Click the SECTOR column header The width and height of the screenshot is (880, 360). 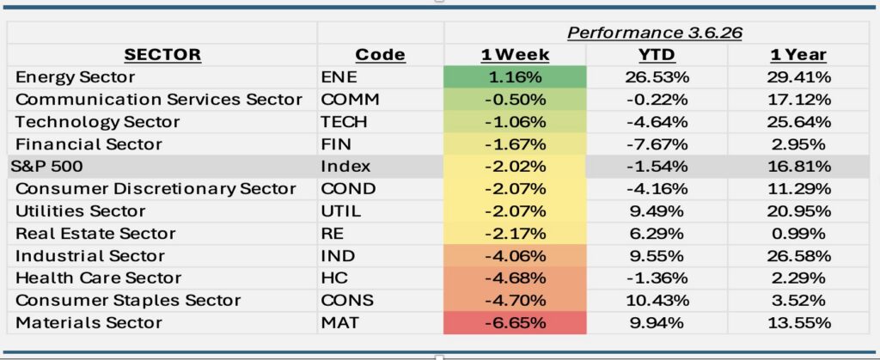pyautogui.click(x=162, y=55)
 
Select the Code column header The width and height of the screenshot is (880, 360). pyautogui.click(x=380, y=55)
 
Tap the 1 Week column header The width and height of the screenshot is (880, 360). pyautogui.click(x=515, y=55)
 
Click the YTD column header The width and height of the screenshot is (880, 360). pyautogui.click(x=657, y=55)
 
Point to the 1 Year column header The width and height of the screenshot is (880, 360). pyautogui.click(x=798, y=55)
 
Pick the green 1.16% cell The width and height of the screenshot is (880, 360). pyautogui.click(x=515, y=77)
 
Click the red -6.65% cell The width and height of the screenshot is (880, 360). pyautogui.click(x=515, y=323)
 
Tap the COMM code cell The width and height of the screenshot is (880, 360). pyautogui.click(x=350, y=100)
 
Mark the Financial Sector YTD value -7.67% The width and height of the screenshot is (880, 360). pyautogui.click(x=657, y=144)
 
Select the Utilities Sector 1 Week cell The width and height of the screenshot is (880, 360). pyautogui.click(x=515, y=211)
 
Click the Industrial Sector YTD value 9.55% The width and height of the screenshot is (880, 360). pyautogui.click(x=657, y=256)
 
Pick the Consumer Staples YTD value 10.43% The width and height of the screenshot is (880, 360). pyautogui.click(x=657, y=301)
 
